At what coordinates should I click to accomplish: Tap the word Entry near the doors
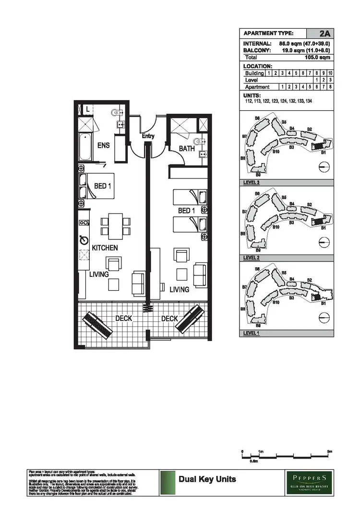[x=148, y=136]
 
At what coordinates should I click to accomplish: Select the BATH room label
[x=186, y=149]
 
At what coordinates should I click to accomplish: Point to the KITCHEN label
[x=105, y=248]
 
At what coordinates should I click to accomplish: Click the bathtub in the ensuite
[x=84, y=147]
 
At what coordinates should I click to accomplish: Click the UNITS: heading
[x=252, y=95]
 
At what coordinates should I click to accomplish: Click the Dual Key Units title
[x=207, y=479]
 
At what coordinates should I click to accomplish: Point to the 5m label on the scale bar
[x=329, y=452]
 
